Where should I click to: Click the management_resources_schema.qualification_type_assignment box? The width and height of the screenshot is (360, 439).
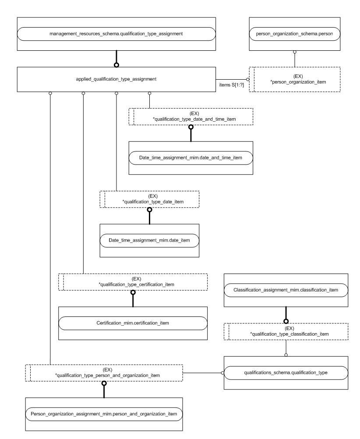point(116,33)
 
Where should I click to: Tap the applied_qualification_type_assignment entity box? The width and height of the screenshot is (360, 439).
point(116,79)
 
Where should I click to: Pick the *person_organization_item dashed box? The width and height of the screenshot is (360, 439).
point(294,79)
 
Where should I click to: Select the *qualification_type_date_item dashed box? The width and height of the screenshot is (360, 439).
point(149,199)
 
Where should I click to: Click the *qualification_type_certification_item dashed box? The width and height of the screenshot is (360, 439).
point(133,282)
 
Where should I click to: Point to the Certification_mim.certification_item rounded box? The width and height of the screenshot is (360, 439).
point(133,323)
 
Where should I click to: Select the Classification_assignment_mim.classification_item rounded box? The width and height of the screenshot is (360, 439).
point(286,290)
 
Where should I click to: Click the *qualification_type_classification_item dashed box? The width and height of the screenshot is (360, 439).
point(286,331)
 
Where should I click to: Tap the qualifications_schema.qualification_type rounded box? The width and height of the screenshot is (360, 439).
point(286,372)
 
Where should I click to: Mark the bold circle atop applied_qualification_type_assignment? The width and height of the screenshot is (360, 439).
point(116,65)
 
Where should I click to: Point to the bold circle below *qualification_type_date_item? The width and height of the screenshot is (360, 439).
point(149,210)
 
